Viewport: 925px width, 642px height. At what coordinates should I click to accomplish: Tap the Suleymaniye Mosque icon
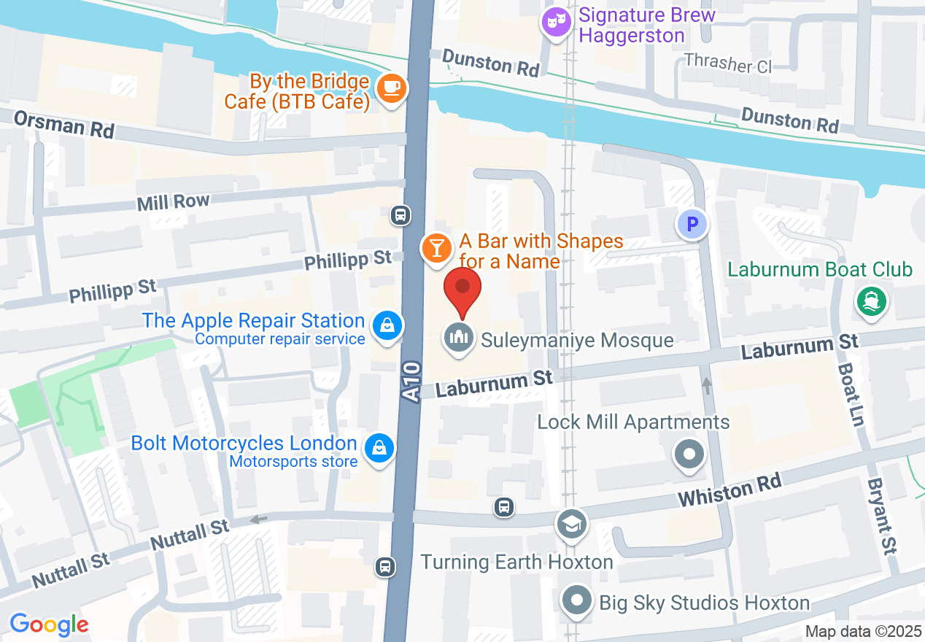click(458, 337)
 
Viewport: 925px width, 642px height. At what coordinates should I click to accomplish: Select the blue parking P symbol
click(692, 224)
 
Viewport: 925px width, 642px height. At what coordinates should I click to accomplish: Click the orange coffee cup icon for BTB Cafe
click(392, 88)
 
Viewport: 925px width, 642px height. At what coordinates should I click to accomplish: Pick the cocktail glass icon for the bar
click(436, 248)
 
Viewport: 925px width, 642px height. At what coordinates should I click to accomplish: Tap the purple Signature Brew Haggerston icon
click(554, 22)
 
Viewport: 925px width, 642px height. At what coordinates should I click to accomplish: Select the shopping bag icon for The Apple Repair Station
click(386, 325)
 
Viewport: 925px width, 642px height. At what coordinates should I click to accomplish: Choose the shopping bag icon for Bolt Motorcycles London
click(379, 447)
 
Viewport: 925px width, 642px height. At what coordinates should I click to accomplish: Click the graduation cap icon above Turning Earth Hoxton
click(571, 524)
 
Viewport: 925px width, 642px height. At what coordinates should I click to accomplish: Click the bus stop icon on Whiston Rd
click(503, 506)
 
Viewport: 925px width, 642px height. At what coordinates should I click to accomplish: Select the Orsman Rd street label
click(63, 124)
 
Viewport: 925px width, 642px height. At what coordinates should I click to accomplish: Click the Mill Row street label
click(173, 202)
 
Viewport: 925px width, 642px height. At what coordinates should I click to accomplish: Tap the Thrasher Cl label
click(727, 64)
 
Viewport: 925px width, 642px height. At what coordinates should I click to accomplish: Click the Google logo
click(49, 624)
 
